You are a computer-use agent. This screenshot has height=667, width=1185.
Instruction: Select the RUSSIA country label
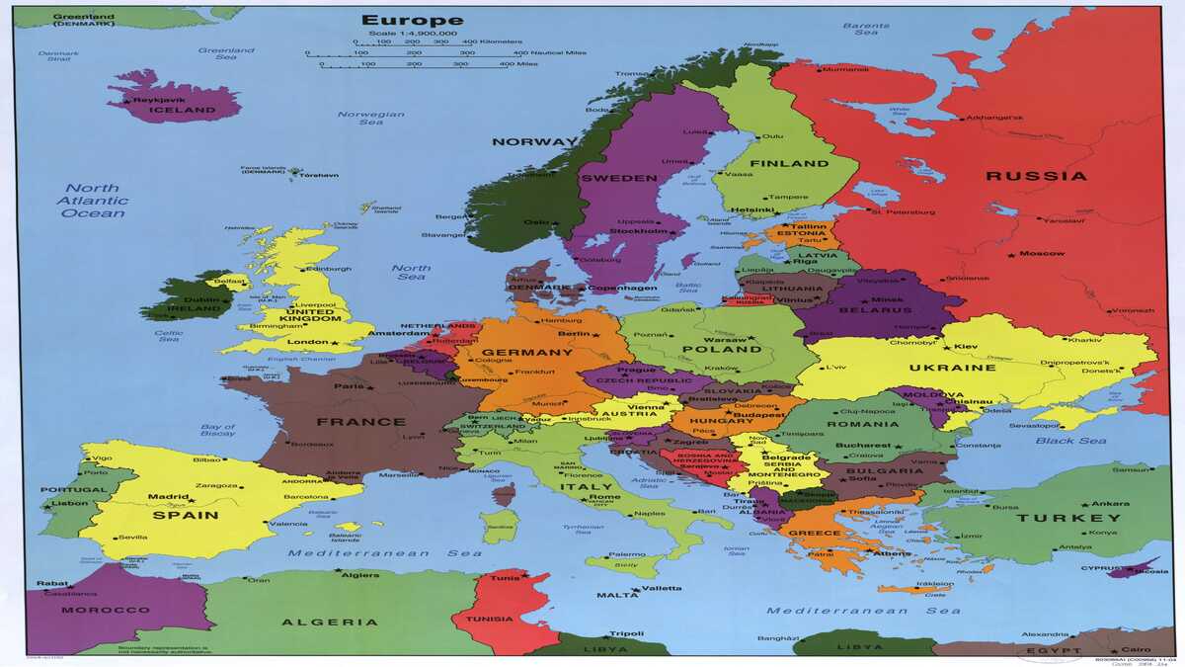1037,177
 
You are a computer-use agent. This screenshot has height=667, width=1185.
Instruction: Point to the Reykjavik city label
160,100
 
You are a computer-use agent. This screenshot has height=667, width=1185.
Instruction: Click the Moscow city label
1042,254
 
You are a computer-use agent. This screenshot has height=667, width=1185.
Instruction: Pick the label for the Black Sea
1068,441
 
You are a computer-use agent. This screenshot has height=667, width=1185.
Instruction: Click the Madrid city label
168,497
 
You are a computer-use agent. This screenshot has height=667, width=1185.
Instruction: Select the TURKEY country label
1082,518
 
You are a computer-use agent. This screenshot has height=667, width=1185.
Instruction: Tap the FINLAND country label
789,164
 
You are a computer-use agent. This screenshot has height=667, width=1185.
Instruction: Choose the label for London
307,342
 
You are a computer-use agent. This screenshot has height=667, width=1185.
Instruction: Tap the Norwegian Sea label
371,119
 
